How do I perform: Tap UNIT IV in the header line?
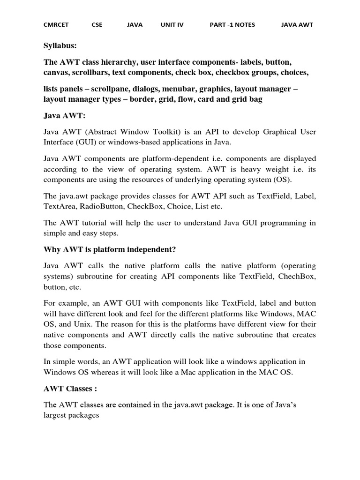172,25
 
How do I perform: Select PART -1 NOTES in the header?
232,25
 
